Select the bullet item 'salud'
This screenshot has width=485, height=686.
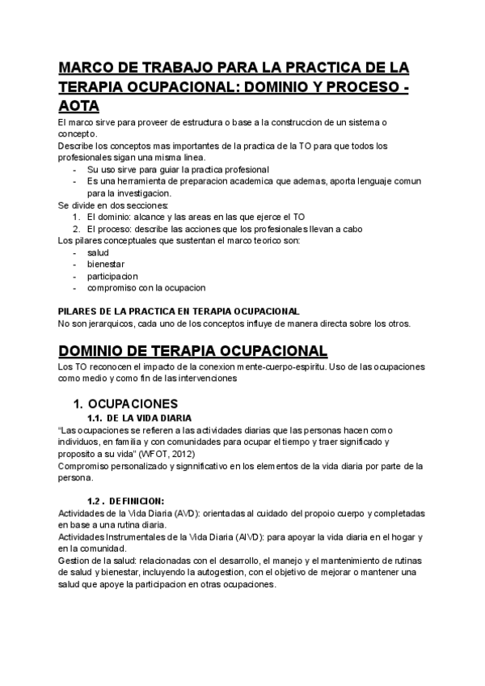(x=98, y=252)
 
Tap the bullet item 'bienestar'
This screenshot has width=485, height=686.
(x=106, y=264)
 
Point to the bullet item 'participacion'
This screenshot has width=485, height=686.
(x=112, y=275)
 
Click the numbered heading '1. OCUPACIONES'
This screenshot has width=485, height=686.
(x=125, y=404)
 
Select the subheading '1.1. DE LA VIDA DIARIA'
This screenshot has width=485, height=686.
(x=139, y=418)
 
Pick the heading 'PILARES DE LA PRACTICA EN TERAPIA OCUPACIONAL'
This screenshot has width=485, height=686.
(x=179, y=311)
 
